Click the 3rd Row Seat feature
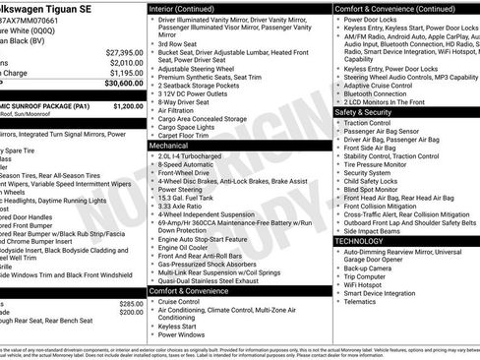coord(178,44)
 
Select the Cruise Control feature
coord(185,301)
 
